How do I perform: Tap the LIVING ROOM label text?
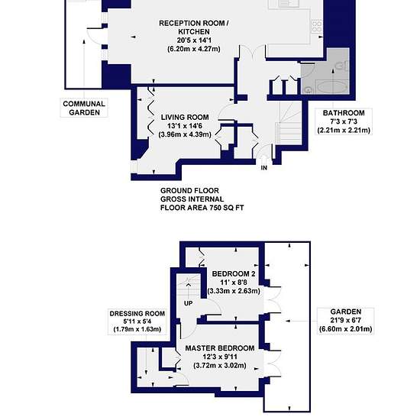185,118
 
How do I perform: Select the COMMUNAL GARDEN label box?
84,108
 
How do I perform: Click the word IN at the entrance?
264,168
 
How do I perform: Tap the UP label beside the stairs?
189,303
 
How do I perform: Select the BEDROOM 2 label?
234,274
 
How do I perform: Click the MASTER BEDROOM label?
220,348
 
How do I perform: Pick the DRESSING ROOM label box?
137,321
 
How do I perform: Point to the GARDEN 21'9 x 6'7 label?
345,321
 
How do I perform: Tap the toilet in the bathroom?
343,66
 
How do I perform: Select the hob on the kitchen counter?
317,26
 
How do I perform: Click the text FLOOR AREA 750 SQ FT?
202,208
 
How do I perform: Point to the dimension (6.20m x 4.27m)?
194,49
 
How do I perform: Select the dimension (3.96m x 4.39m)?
185,134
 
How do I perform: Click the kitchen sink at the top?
286,3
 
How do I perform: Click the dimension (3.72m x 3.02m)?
220,365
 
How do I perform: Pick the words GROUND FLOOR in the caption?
189,191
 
